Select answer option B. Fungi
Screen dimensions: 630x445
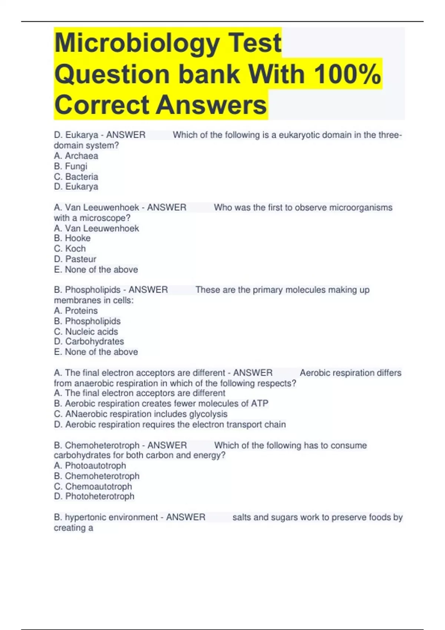70,166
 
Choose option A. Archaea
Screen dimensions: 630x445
76,156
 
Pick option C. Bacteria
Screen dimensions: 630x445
76,176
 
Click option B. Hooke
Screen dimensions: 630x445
72,238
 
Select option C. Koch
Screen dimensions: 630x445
70,248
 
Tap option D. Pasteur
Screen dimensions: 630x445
75,259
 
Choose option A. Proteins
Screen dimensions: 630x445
76,311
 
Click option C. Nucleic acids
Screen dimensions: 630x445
86,331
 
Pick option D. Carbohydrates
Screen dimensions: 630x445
89,341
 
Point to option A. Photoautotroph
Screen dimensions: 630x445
90,465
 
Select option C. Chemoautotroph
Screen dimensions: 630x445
93,486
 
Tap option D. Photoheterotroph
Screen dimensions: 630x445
94,496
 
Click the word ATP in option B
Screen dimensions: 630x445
259,403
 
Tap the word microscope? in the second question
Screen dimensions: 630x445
105,218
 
